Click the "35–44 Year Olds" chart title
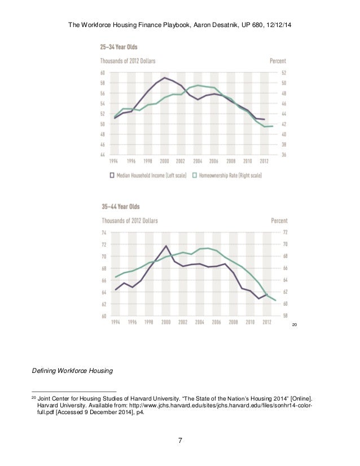[x=119, y=206]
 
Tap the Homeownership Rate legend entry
[x=230, y=175]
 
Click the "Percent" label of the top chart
[x=278, y=61]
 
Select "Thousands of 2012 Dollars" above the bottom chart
[x=129, y=220]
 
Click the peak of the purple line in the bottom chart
[x=166, y=246]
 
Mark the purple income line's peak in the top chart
[x=164, y=78]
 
